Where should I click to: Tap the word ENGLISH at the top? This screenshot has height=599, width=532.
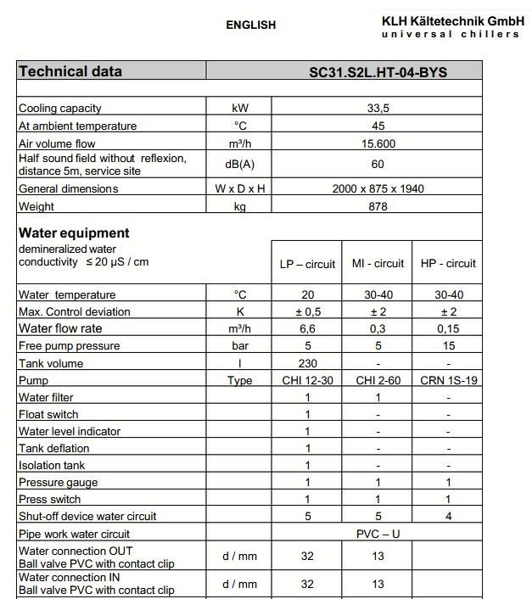click(x=250, y=25)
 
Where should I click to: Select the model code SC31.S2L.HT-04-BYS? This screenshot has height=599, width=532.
click(x=378, y=72)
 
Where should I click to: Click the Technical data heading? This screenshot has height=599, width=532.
click(x=70, y=71)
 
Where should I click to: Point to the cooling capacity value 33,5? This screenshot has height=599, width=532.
click(x=378, y=109)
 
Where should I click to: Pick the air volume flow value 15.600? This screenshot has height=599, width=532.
click(x=378, y=144)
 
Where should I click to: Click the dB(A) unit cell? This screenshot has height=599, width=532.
click(x=239, y=165)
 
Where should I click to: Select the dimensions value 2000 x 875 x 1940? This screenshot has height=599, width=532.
click(x=378, y=188)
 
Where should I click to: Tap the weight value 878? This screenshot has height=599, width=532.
click(x=378, y=206)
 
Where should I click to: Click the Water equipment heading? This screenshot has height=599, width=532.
click(x=74, y=232)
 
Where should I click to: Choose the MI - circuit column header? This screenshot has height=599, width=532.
click(x=378, y=264)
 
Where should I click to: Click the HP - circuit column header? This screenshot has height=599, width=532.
click(x=448, y=264)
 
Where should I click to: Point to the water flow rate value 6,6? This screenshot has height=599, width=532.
click(x=307, y=329)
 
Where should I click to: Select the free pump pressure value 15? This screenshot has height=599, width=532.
click(x=448, y=346)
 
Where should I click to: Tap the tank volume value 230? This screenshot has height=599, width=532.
click(x=307, y=363)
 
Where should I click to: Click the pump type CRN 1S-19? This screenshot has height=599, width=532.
click(x=448, y=380)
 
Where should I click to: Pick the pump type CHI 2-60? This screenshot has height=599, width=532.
click(x=378, y=380)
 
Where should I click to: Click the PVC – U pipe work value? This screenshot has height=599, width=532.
click(x=378, y=535)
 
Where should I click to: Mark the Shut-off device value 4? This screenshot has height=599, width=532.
click(x=448, y=517)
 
